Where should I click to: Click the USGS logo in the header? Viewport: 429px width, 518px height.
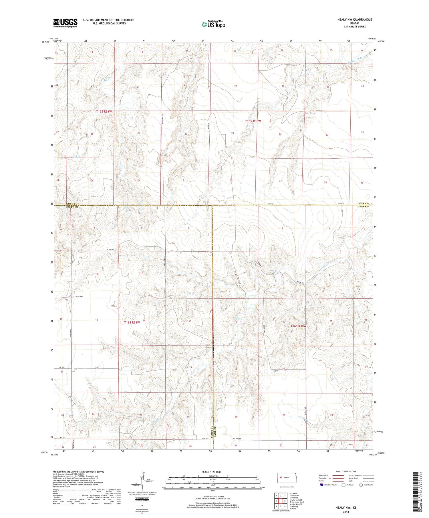pyautogui.click(x=65, y=23)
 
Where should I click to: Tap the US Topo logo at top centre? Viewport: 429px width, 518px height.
pyautogui.click(x=213, y=24)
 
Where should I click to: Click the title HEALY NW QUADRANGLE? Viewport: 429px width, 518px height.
pyautogui.click(x=355, y=19)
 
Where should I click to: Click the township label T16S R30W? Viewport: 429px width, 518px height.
pyautogui.click(x=298, y=326)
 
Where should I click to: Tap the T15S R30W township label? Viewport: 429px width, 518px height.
pyautogui.click(x=253, y=121)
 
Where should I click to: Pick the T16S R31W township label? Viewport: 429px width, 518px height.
pyautogui.click(x=132, y=323)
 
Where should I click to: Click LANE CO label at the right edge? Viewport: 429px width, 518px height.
pyautogui.click(x=363, y=206)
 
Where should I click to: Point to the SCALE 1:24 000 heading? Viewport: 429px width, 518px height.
pyautogui.click(x=211, y=472)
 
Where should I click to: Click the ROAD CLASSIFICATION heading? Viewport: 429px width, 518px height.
pyautogui.click(x=346, y=471)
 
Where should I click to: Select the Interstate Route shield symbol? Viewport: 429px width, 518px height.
pyautogui.click(x=322, y=485)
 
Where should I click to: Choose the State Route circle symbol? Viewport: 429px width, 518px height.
pyautogui.click(x=361, y=485)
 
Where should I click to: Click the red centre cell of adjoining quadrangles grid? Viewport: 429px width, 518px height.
pyautogui.click(x=281, y=501)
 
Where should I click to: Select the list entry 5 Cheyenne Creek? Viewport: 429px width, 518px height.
pyautogui.click(x=297, y=502)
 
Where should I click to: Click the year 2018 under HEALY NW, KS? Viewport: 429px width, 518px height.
pyautogui.click(x=346, y=512)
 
